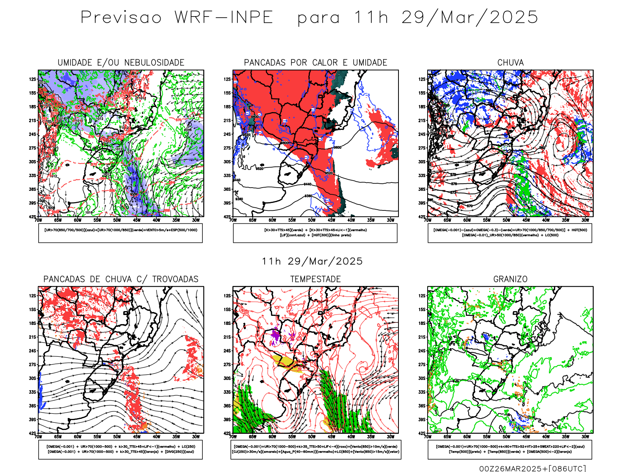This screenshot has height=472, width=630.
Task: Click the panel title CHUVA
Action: click(510, 63)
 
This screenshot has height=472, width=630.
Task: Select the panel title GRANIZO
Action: click(510, 279)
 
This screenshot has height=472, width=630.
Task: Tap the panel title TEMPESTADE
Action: click(315, 279)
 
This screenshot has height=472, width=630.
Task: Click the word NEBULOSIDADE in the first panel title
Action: click(154, 63)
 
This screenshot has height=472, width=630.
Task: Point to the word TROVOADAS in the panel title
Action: click(175, 279)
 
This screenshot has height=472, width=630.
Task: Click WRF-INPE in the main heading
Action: click(224, 18)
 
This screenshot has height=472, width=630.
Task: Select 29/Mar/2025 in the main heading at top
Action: click(469, 18)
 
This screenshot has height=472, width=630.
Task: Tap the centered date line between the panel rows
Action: click(312, 261)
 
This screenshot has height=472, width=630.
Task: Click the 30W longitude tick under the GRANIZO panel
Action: click(585, 437)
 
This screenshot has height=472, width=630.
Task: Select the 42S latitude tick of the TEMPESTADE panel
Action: click(227, 433)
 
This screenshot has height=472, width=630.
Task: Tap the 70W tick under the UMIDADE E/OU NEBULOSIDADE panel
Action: click(38, 220)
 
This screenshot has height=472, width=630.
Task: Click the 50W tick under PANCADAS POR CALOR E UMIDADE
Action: click(312, 220)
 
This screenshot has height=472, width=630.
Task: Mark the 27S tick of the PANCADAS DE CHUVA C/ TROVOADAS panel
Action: click(32, 365)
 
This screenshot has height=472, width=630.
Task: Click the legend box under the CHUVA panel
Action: click(510, 233)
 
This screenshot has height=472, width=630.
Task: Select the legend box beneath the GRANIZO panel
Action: click(510, 449)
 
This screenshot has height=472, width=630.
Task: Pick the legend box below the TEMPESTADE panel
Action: click(316, 449)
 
